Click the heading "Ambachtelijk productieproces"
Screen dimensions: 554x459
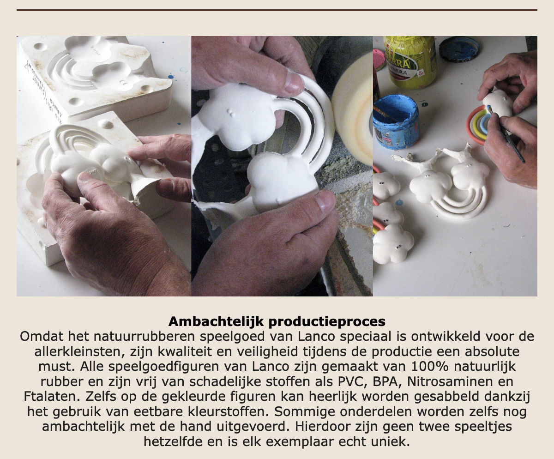[x=277, y=321]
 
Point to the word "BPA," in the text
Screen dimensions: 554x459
[x=388, y=382]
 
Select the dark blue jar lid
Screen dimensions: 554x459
[x=459, y=49]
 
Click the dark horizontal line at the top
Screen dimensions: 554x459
[x=277, y=10]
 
